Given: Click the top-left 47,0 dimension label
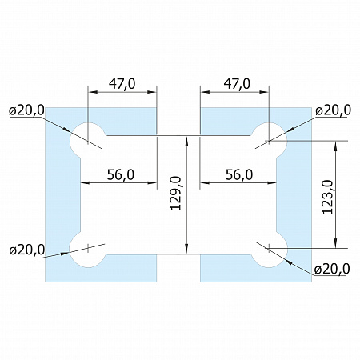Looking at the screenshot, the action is click(x=122, y=84).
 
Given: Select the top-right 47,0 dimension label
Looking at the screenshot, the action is click(x=237, y=84).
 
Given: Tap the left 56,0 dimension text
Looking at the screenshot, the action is click(x=121, y=175).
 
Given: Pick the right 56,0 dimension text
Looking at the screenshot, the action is click(x=239, y=175).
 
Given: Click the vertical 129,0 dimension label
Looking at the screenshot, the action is click(x=176, y=193).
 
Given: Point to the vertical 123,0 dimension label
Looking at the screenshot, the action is click(x=328, y=197).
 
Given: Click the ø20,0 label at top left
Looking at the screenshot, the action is click(x=26, y=110).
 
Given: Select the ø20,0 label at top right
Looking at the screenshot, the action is click(x=333, y=110).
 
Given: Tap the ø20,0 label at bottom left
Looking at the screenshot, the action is click(x=26, y=250).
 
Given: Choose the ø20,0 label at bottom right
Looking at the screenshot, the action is click(x=332, y=269).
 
